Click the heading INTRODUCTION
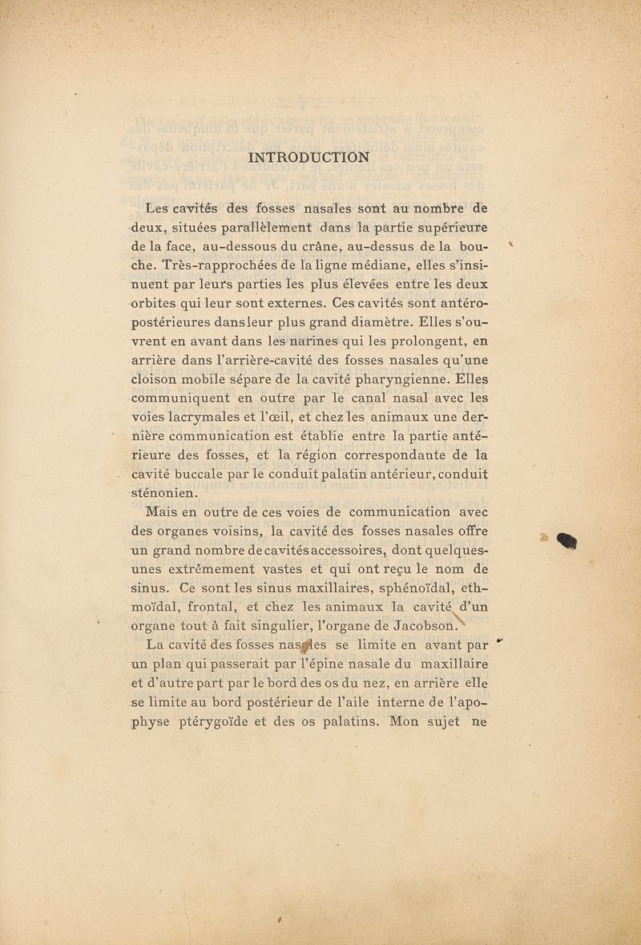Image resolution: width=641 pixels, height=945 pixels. click(309, 157)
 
